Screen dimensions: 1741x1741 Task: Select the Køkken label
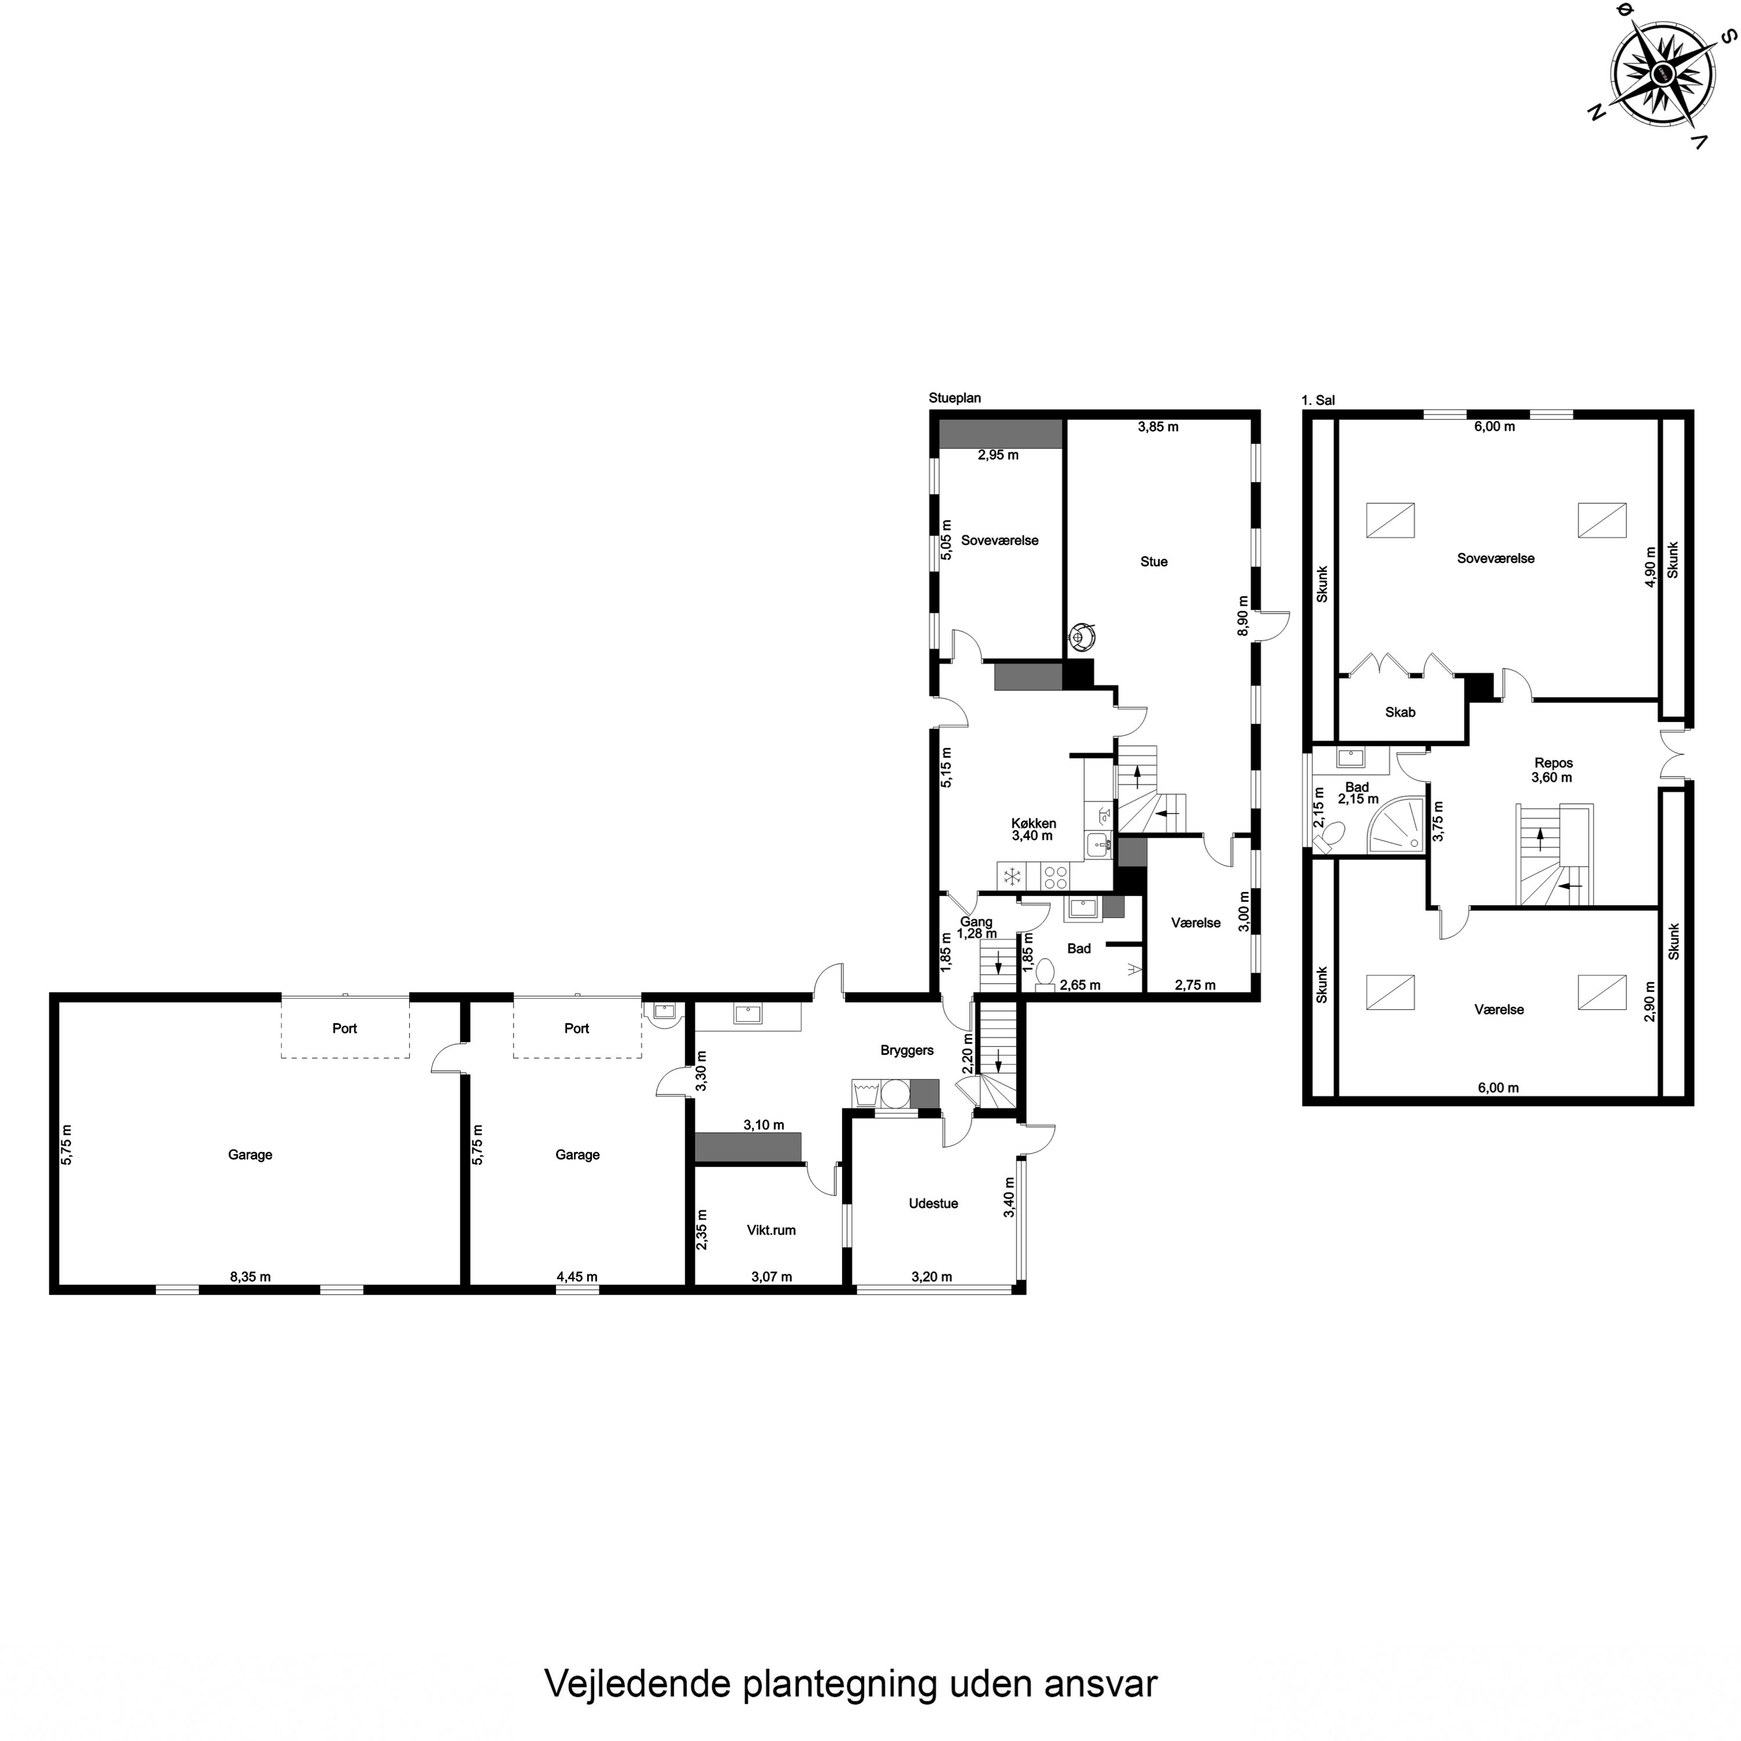[1033, 823]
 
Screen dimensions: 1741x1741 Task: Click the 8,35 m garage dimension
[251, 1277]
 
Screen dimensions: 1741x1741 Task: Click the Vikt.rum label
[771, 1230]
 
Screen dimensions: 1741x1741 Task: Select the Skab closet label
[1399, 713]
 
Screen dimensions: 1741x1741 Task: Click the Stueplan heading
[954, 398]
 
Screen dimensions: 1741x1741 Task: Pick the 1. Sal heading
[1317, 400]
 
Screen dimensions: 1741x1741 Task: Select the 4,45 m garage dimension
[577, 1277]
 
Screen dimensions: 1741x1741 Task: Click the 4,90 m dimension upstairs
[1650, 568]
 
